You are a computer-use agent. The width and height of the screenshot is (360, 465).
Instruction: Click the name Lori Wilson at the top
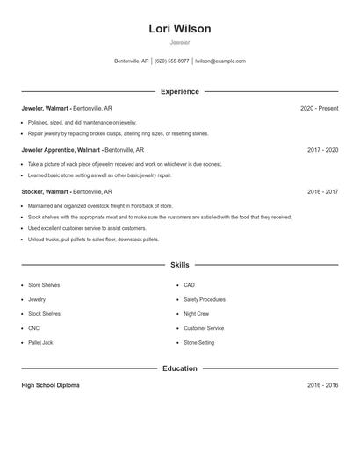tap(180, 29)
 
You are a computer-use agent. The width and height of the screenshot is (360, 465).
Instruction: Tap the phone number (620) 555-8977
tap(172, 61)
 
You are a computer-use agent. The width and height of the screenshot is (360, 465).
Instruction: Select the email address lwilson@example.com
tap(220, 61)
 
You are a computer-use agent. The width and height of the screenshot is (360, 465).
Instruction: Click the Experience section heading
tap(180, 91)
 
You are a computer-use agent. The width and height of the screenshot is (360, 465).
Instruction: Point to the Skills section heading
tap(180, 264)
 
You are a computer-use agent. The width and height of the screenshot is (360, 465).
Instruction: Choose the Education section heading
tap(180, 368)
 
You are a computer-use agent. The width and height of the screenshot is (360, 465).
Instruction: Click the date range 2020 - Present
tap(319, 108)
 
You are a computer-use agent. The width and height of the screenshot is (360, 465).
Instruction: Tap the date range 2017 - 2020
tap(322, 150)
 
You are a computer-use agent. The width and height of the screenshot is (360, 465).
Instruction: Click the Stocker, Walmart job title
tap(46, 191)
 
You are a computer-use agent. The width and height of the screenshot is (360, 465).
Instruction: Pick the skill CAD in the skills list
tap(189, 285)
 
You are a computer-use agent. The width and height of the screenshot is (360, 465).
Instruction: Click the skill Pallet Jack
tap(40, 342)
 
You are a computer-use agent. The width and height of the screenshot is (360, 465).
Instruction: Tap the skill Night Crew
tap(196, 313)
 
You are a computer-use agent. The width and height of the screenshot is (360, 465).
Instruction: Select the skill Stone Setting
tap(198, 342)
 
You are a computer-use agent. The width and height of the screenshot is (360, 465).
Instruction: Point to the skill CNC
tap(33, 328)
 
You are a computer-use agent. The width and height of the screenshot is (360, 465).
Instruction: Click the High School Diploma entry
tap(50, 385)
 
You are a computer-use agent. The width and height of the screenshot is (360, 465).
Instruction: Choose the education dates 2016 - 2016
tap(322, 385)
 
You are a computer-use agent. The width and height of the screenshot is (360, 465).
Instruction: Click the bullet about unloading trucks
tap(93, 239)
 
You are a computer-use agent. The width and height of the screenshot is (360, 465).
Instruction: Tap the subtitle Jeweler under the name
tap(180, 42)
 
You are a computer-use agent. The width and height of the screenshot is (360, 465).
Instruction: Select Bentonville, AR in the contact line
tap(131, 61)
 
